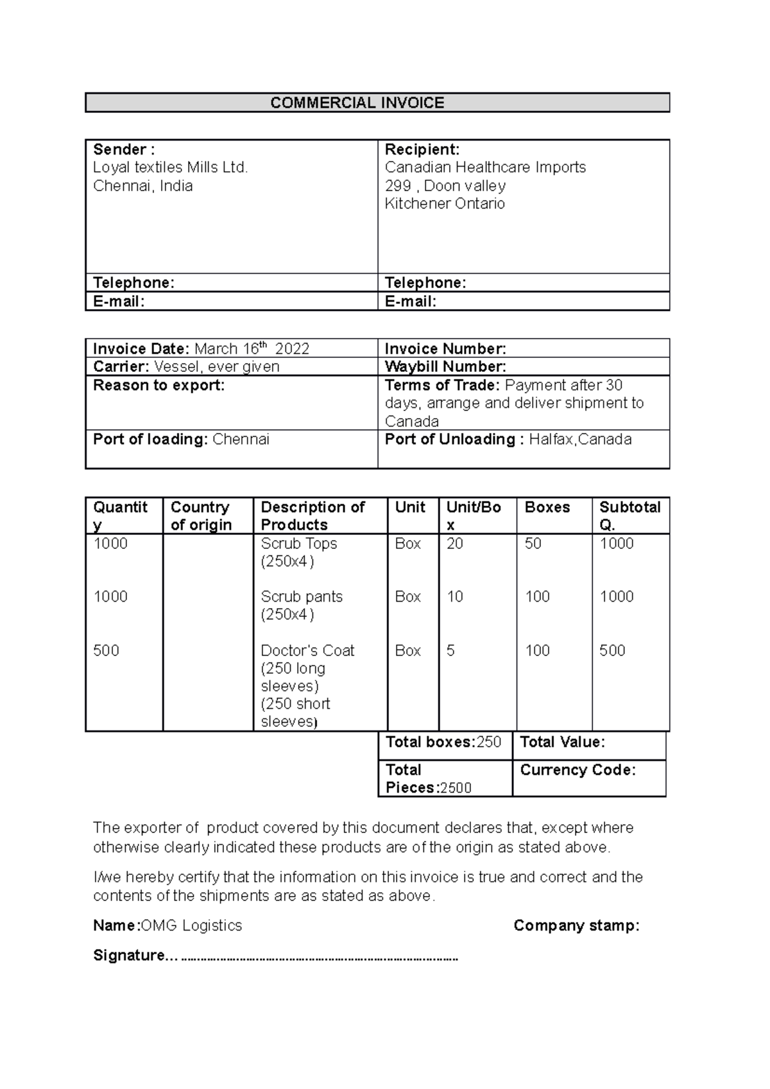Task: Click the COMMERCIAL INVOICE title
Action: pyautogui.click(x=357, y=103)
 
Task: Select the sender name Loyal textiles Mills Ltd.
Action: pyautogui.click(x=170, y=167)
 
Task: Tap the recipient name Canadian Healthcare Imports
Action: pyautogui.click(x=485, y=167)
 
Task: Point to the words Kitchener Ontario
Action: pyautogui.click(x=445, y=204)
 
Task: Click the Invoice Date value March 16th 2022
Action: pyautogui.click(x=252, y=349)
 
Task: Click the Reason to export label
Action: pyautogui.click(x=158, y=385)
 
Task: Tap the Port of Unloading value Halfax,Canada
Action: pyautogui.click(x=580, y=439)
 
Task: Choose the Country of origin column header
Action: pyautogui.click(x=201, y=516)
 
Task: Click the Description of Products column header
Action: pyautogui.click(x=312, y=516)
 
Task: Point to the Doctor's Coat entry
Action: pyautogui.click(x=307, y=651)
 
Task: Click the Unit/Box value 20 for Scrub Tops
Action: pyautogui.click(x=454, y=544)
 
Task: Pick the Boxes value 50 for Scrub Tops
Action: pyautogui.click(x=533, y=544)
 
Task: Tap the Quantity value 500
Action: pyautogui.click(x=106, y=651)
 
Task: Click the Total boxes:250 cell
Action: pyautogui.click(x=443, y=743)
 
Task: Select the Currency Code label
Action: pyautogui.click(x=577, y=770)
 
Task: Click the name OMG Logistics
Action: pyautogui.click(x=191, y=925)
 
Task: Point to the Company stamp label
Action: pyautogui.click(x=576, y=925)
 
